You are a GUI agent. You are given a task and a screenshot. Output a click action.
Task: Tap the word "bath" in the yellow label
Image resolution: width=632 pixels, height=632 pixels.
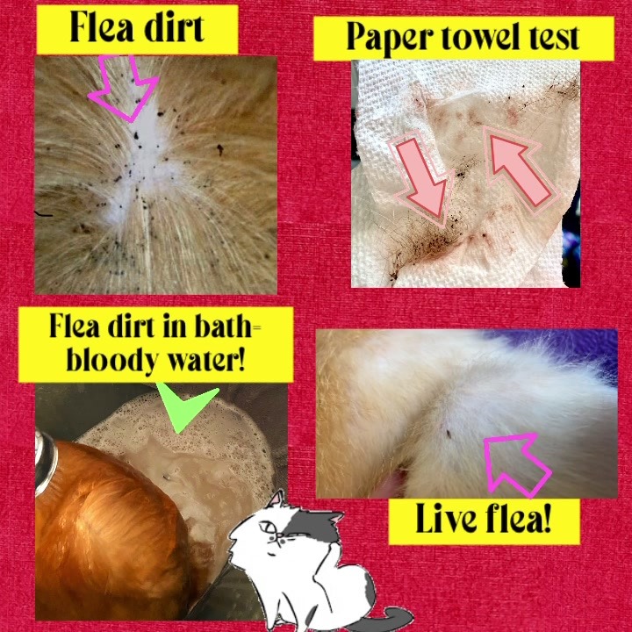pos(223,326)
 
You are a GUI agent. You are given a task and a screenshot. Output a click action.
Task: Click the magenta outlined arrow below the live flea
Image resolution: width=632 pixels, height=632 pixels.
pos(516,463)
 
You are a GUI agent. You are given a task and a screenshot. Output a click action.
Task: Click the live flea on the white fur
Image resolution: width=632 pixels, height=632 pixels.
pos(449,434)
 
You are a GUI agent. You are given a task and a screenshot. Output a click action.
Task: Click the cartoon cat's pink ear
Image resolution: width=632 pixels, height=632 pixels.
pos(276,499)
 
